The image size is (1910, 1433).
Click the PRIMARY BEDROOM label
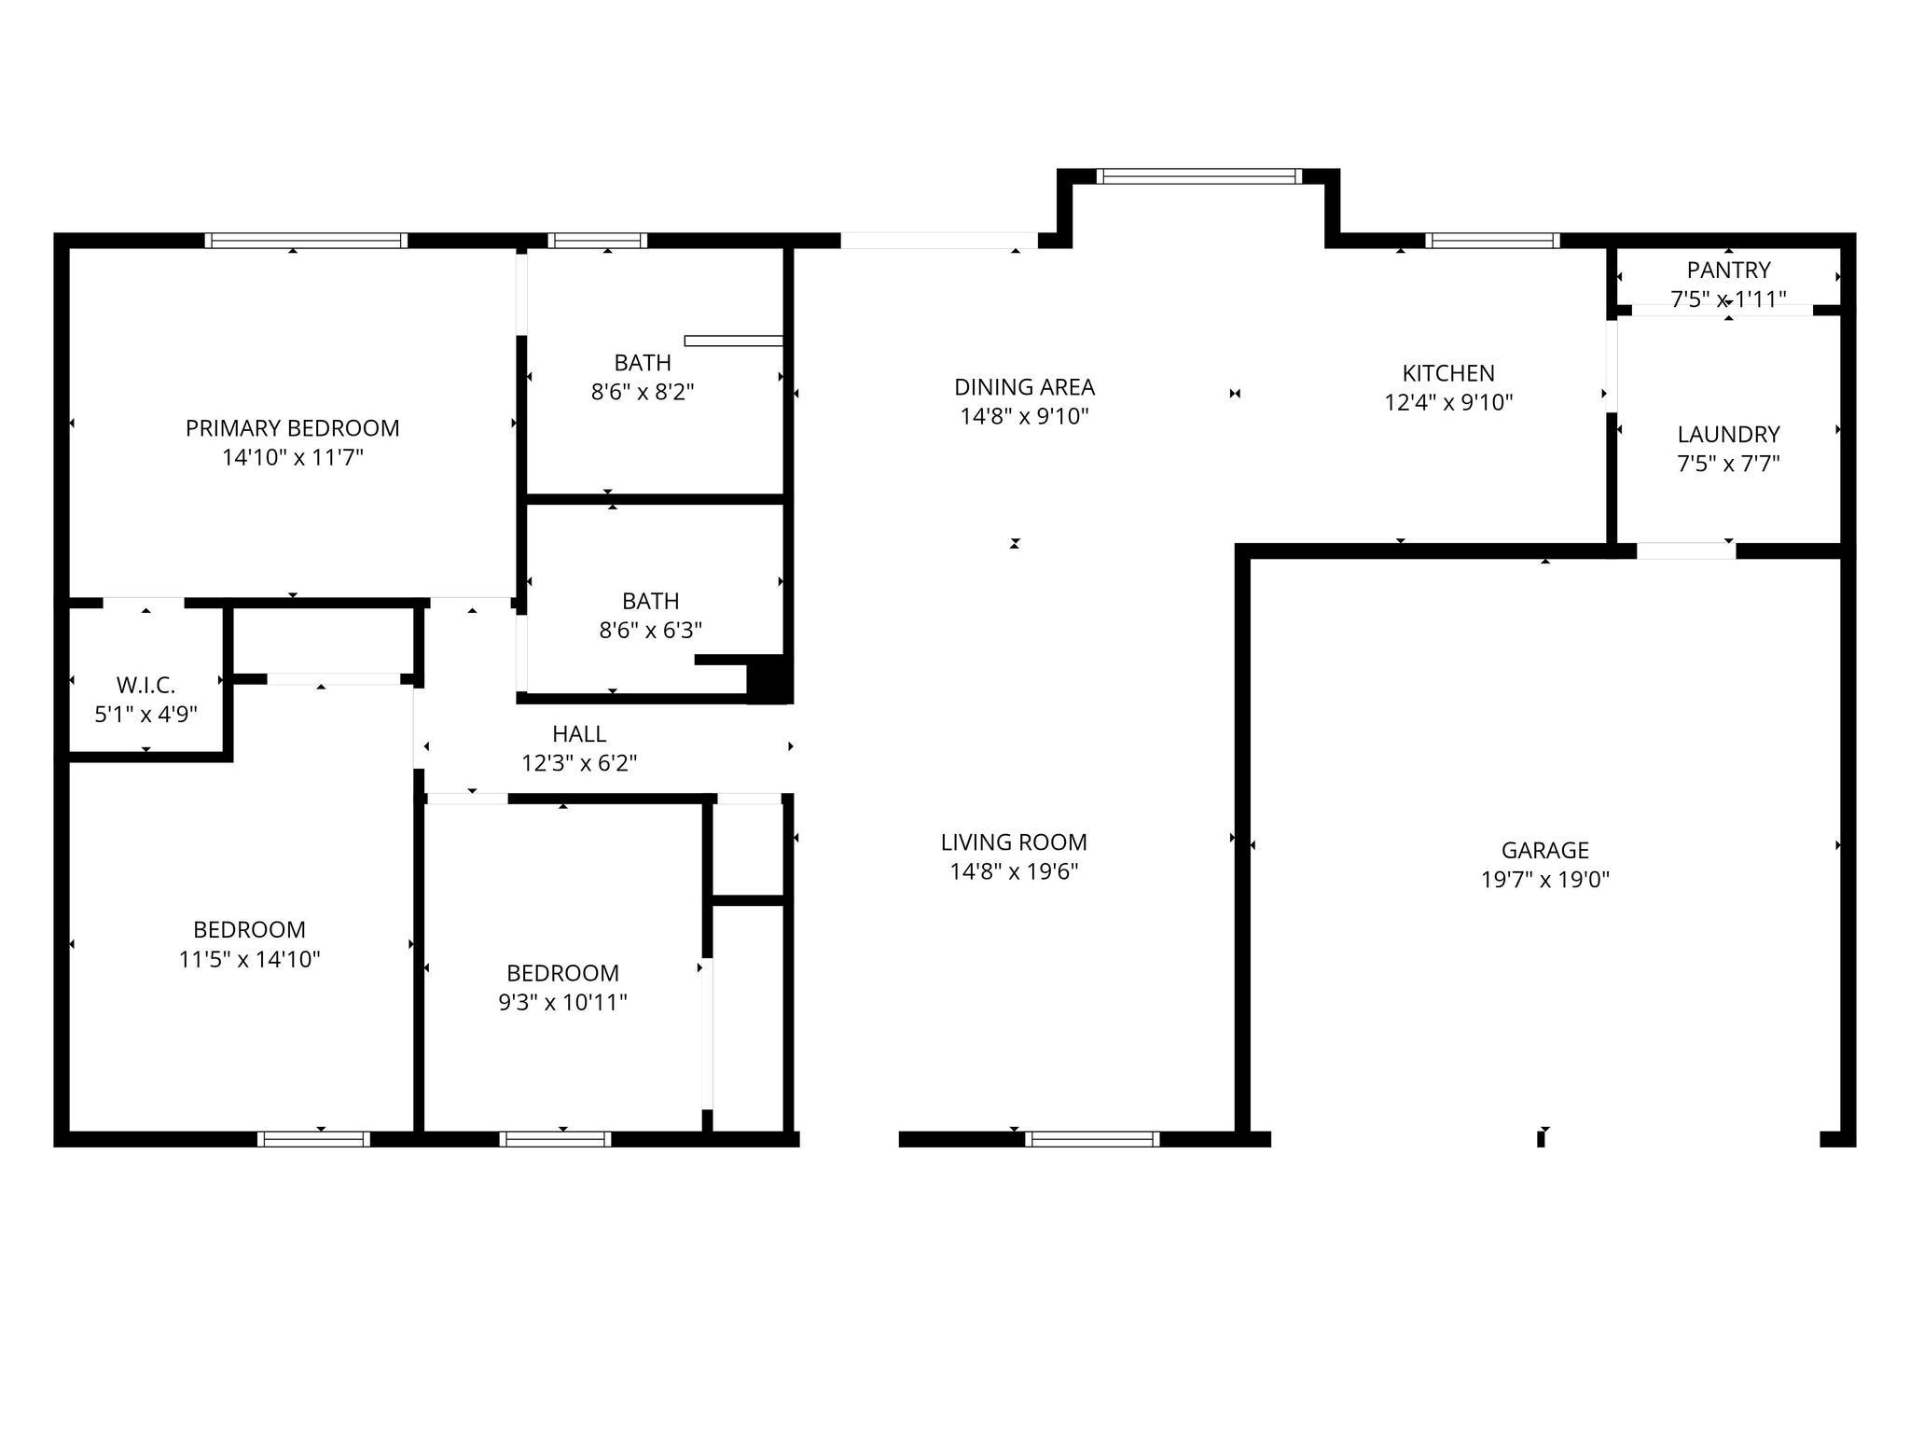[292, 428]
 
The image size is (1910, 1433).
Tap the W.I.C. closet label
[145, 686]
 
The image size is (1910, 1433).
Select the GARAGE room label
[1544, 850]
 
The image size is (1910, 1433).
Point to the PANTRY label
[1727, 271]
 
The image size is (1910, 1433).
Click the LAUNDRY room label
[1728, 434]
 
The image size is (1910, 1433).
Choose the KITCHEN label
[1447, 373]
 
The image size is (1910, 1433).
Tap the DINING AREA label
[1024, 386]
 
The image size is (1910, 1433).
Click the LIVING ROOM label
[1014, 842]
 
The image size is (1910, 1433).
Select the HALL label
[579, 734]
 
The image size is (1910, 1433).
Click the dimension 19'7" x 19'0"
[1544, 880]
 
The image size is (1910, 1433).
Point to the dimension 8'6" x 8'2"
[643, 392]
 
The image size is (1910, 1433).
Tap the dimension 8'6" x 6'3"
[650, 631]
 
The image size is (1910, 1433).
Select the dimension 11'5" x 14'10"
[249, 959]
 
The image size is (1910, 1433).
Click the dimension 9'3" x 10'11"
[562, 1003]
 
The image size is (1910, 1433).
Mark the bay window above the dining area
[1197, 176]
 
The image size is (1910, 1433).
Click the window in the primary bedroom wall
[306, 241]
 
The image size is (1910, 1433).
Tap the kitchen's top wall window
[1492, 241]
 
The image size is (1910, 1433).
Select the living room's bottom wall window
[1091, 1138]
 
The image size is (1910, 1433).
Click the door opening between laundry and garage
[1685, 551]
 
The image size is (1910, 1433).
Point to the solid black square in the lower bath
[769, 678]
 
